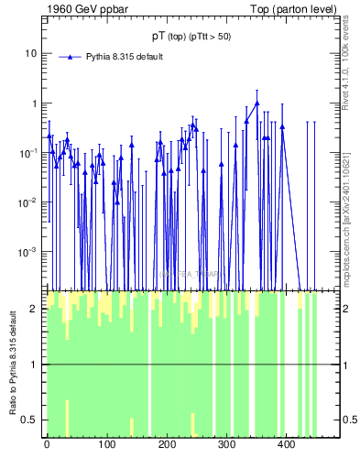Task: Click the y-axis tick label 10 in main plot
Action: pyautogui.click(x=30, y=53)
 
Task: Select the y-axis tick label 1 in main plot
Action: pyautogui.click(x=33, y=104)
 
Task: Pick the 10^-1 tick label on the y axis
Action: pyautogui.click(x=28, y=152)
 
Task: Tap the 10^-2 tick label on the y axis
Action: pyautogui.click(x=28, y=202)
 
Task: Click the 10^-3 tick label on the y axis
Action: pyautogui.click(x=28, y=251)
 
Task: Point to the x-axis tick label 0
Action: pyautogui.click(x=47, y=445)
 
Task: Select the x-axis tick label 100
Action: pyautogui.click(x=106, y=445)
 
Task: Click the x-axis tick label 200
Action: pyautogui.click(x=166, y=445)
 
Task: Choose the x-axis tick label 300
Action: pyautogui.click(x=226, y=445)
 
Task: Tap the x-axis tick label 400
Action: pyautogui.click(x=286, y=445)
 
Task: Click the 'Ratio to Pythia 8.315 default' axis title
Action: pyautogui.click(x=10, y=364)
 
